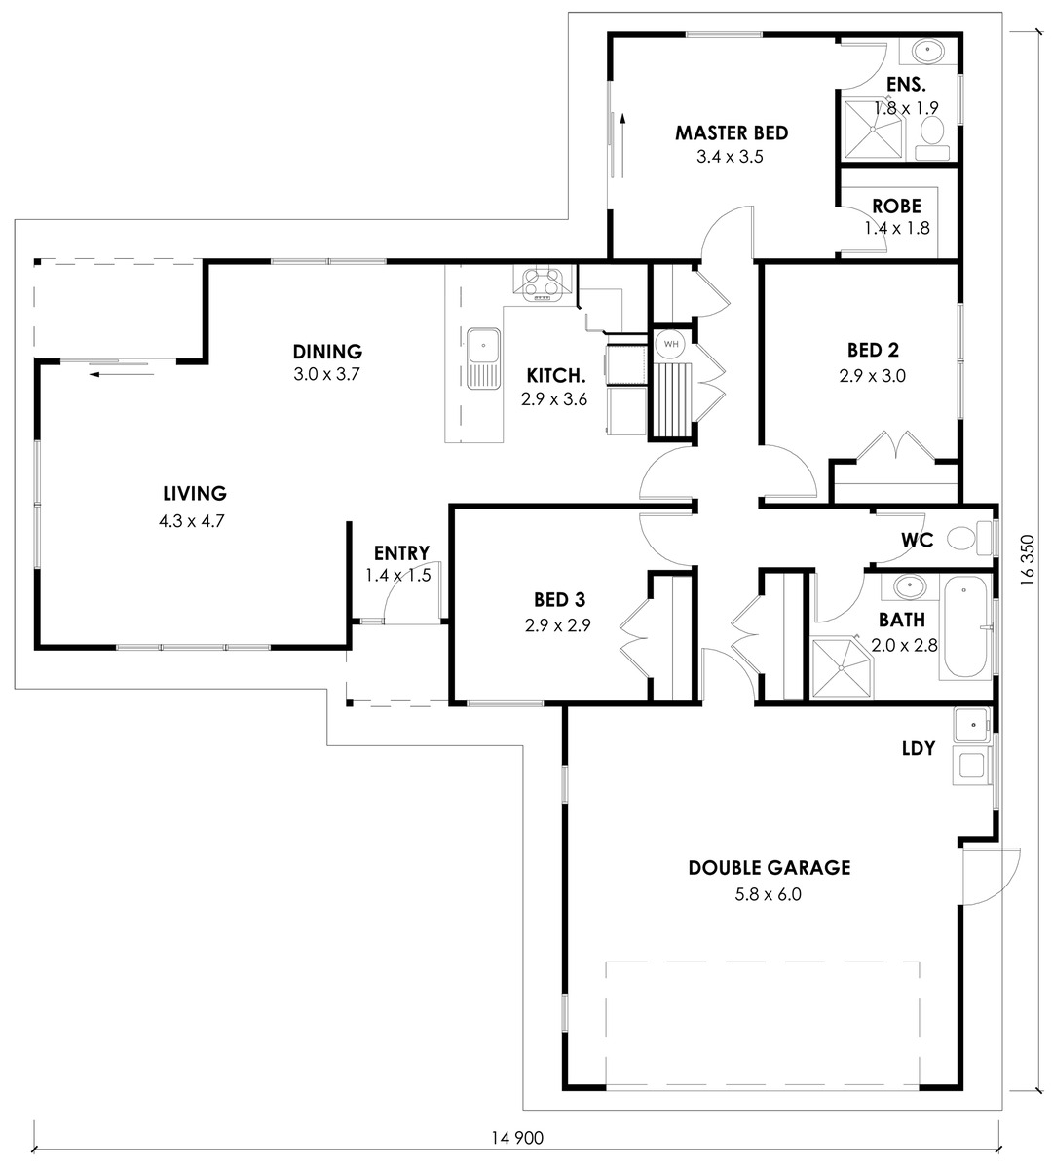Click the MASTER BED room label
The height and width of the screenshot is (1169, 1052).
click(x=732, y=133)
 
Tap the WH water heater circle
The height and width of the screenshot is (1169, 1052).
click(x=671, y=344)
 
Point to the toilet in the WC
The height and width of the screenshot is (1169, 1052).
click(x=968, y=538)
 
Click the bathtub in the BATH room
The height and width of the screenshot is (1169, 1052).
click(x=965, y=626)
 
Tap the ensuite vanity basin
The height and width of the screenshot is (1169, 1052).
click(x=928, y=51)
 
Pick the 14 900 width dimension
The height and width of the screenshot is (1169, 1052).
click(x=517, y=1138)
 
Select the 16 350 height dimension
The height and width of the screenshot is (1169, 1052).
click(x=1028, y=559)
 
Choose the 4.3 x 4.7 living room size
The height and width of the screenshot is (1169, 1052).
click(x=191, y=520)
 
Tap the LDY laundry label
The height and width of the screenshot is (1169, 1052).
click(x=919, y=747)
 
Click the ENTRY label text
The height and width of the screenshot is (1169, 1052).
click(x=401, y=552)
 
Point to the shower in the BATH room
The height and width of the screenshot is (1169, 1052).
click(x=843, y=667)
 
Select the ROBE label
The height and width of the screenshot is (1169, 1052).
click(x=896, y=207)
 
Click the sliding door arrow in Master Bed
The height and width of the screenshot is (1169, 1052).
click(x=623, y=145)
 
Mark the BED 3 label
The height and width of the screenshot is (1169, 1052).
click(x=559, y=600)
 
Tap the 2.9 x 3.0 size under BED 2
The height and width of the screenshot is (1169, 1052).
click(x=873, y=376)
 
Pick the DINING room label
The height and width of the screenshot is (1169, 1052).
click(x=327, y=352)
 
